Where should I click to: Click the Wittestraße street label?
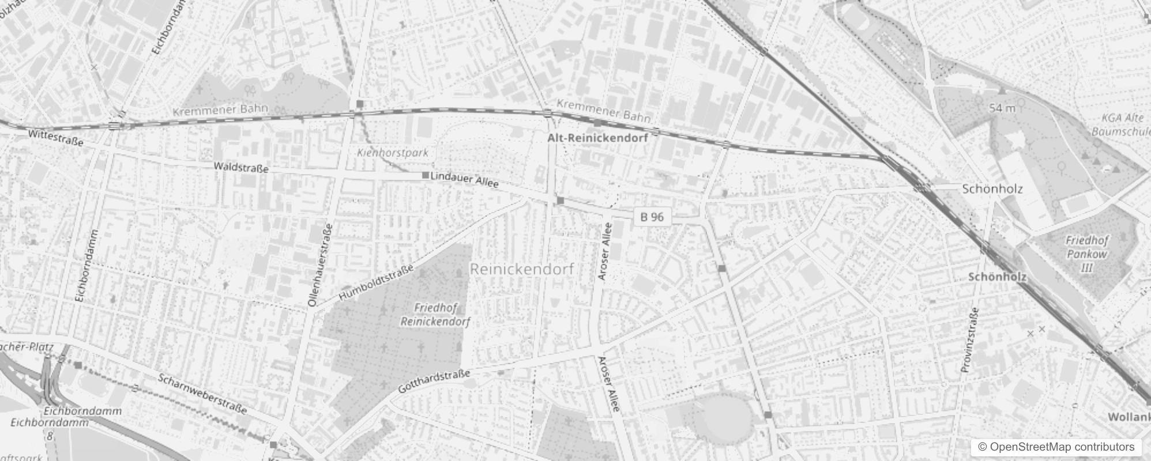(55, 138)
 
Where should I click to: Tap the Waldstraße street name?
(241, 168)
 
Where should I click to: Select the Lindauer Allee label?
(464, 179)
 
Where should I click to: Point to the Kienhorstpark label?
(393, 153)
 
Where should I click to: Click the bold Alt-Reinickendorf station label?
(597, 138)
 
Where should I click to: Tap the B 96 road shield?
(652, 217)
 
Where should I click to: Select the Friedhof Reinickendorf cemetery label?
(435, 315)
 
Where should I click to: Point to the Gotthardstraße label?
(434, 381)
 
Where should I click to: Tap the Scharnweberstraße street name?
(202, 394)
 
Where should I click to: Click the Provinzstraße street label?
(969, 339)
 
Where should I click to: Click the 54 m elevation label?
(1002, 108)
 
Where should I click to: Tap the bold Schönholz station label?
(997, 277)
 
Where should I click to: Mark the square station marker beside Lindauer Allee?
(426, 175)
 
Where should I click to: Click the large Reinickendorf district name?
(522, 269)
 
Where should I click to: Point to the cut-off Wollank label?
(1129, 417)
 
